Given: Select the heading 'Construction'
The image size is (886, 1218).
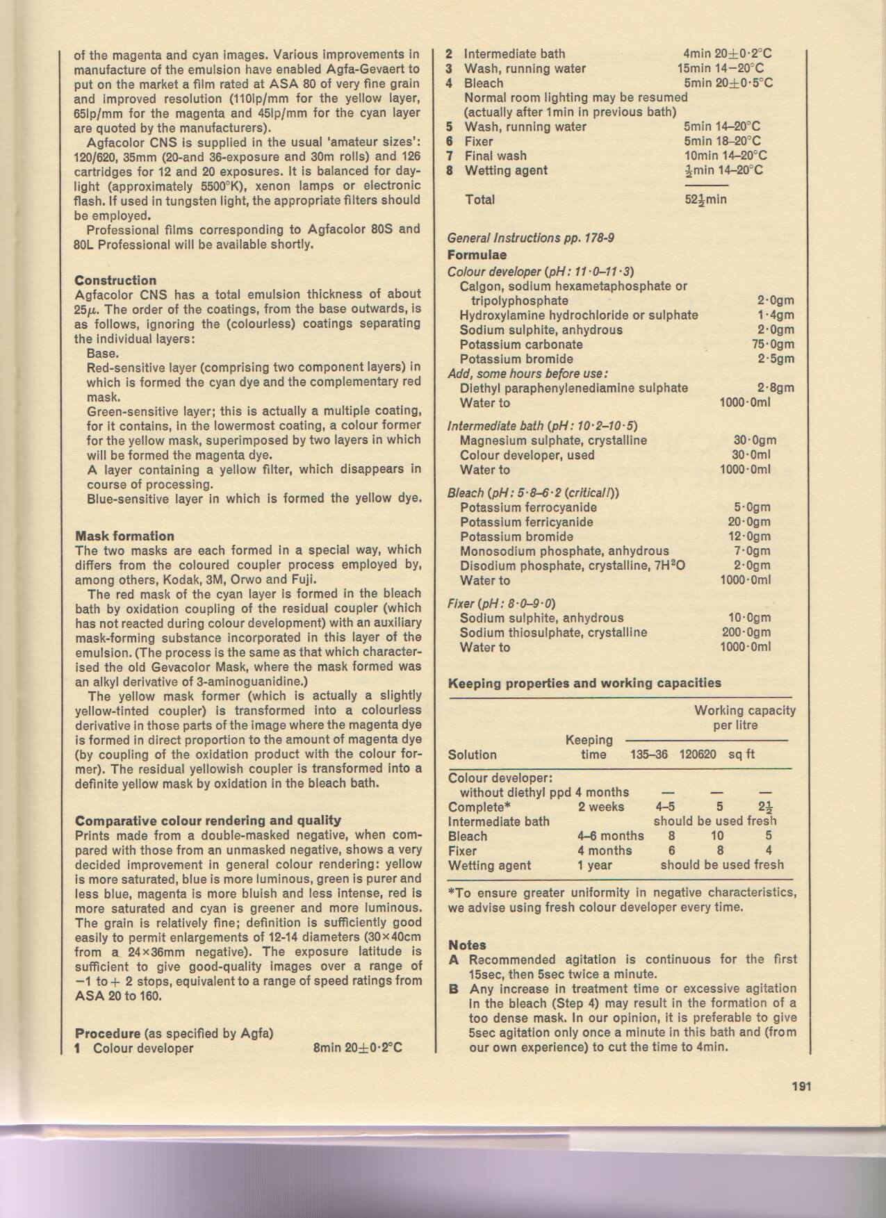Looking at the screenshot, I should point(115,280).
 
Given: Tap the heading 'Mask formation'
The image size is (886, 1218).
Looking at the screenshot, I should point(124,536).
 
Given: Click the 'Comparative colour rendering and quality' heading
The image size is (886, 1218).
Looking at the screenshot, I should point(208,820).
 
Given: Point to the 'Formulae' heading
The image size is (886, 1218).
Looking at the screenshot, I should point(477,255).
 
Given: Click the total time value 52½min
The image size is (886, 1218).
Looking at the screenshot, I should point(705,200).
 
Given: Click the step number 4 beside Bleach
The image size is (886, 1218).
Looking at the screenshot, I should point(450,83).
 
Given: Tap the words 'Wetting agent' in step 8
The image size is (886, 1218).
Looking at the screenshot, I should point(506,171).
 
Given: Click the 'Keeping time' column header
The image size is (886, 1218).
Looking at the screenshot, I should point(590,747).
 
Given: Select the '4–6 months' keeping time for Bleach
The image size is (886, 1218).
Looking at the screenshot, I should point(611,836).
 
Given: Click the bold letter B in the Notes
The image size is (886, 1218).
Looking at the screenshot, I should point(454,989).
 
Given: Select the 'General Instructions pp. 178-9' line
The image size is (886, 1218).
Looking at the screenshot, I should point(531,238).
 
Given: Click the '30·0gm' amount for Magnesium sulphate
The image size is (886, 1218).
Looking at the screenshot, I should point(755,441).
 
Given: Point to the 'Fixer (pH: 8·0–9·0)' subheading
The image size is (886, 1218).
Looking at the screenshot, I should point(501,603).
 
